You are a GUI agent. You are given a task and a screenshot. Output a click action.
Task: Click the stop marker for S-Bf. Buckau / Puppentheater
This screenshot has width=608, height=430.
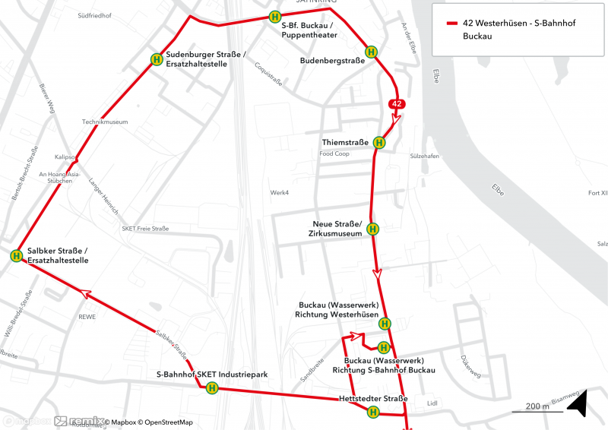[274, 16]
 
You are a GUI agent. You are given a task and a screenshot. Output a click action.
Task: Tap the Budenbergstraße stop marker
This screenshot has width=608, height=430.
[372, 52]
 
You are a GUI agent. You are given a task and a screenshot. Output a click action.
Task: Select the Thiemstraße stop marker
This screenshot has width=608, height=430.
[379, 142]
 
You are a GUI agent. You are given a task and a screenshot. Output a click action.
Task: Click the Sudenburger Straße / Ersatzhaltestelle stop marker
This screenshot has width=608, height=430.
[157, 59]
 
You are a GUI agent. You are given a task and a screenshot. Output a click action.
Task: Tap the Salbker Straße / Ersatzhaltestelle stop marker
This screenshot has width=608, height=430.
[16, 256]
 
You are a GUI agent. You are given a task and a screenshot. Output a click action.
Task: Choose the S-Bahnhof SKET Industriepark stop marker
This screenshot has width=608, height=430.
[212, 388]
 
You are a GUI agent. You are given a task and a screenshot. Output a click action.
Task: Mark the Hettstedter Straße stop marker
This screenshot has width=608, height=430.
[373, 413]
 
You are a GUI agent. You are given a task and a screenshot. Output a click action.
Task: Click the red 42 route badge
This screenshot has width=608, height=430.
[397, 103]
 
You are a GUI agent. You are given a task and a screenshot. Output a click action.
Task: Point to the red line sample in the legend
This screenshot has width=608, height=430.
[448, 24]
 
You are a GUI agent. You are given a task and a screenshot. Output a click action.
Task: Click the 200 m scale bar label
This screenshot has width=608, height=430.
[537, 406]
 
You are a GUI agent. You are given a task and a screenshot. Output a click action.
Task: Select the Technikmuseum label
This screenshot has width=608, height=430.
[105, 122]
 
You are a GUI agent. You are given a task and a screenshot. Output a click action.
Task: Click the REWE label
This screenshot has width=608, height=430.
[87, 317]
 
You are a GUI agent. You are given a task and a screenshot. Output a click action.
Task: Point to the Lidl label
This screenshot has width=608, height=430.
[433, 403]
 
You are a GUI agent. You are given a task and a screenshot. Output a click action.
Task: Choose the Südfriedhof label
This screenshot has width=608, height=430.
[93, 14]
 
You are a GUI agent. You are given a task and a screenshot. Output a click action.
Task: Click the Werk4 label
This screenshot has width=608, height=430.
[280, 192]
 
